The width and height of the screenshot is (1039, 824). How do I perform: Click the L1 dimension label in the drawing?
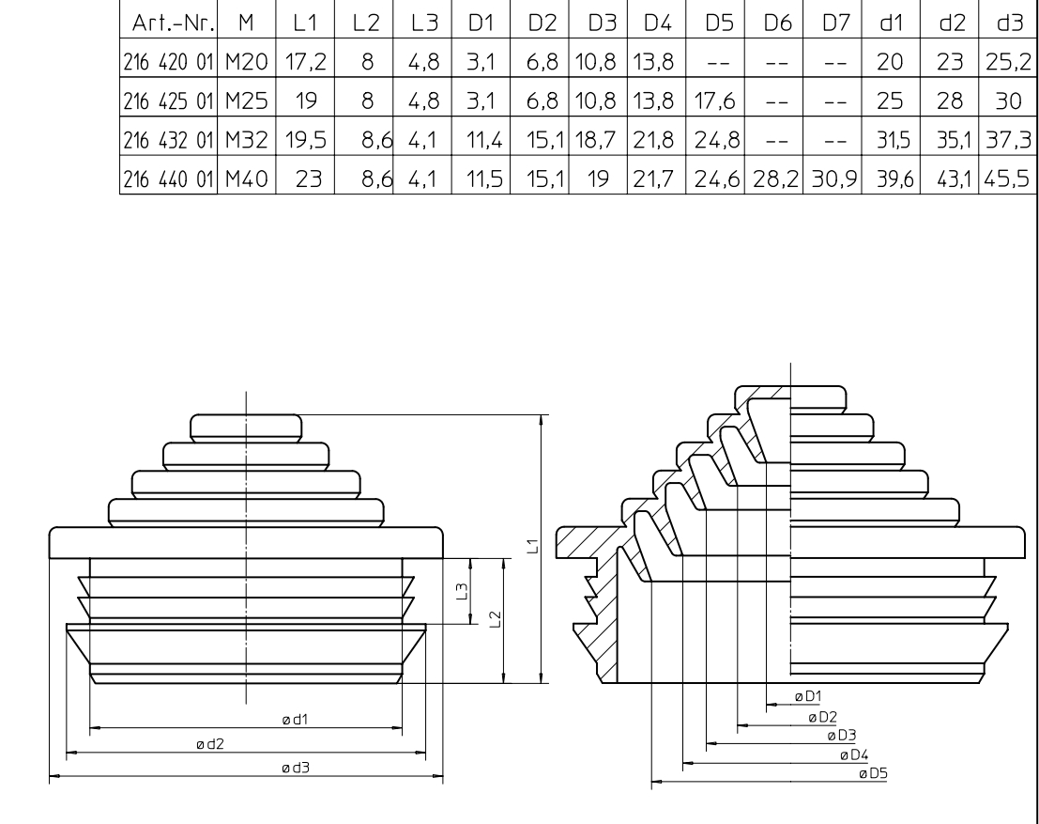click(532, 546)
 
